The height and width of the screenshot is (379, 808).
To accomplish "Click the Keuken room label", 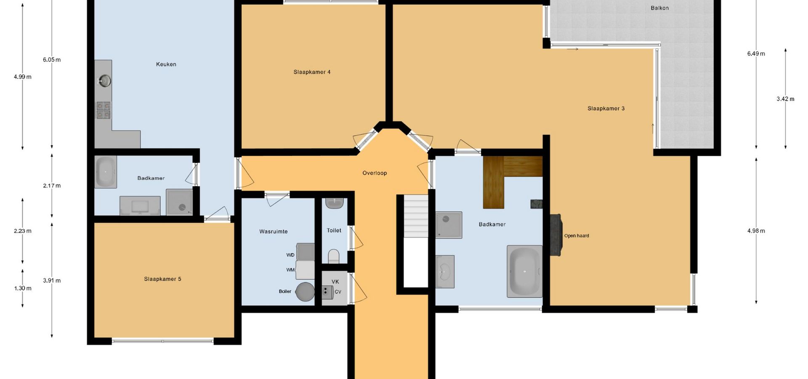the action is [x=166, y=64].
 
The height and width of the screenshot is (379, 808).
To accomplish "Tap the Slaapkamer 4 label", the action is [x=312, y=72].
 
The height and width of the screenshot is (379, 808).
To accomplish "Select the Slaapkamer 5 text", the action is [x=162, y=279].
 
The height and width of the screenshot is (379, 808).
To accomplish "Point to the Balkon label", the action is [x=659, y=8].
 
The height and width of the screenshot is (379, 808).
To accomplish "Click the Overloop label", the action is [x=375, y=173].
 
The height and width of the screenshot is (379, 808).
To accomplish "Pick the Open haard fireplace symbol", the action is [x=555, y=235].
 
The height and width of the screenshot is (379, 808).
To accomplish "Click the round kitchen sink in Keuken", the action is [x=105, y=80].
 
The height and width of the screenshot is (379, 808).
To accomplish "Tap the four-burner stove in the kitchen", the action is [x=104, y=110].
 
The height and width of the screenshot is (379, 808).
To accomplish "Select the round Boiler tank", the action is [x=305, y=291].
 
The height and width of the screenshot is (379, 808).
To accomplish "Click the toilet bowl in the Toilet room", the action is [x=333, y=256].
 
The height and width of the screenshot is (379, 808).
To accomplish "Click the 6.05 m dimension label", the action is [x=52, y=60].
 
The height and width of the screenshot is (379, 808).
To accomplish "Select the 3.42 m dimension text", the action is [x=785, y=99].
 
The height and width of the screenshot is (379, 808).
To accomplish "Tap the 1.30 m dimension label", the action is [x=23, y=288].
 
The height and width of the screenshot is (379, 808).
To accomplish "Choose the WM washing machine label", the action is [x=290, y=270].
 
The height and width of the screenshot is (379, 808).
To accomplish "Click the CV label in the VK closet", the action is [x=338, y=292].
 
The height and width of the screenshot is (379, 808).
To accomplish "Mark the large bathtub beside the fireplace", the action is [x=524, y=271].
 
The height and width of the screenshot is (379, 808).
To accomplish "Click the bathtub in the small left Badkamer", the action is [x=106, y=172].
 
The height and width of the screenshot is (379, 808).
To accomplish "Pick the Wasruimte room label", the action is [x=274, y=232].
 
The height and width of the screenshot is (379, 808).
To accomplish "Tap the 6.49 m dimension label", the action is [x=756, y=54].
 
